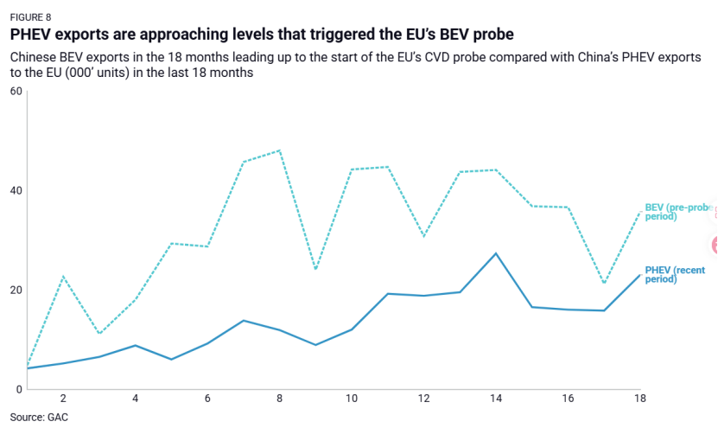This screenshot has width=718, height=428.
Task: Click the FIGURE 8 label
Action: point(31,16)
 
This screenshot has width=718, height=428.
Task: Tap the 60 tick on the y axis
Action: point(15,92)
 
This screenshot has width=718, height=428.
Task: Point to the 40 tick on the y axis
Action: point(15,191)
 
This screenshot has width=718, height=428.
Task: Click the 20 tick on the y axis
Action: point(15,291)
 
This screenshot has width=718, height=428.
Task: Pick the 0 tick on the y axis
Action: point(18,390)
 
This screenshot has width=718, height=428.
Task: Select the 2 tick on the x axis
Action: point(64,399)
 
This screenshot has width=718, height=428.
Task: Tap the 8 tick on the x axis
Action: point(280,399)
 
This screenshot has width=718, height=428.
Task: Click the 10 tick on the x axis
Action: point(352,399)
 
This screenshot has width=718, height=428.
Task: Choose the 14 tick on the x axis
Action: point(495,399)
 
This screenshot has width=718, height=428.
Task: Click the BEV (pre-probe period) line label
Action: point(677,212)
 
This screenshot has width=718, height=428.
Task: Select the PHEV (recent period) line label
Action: point(675,275)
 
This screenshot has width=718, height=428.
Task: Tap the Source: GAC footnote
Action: point(40,418)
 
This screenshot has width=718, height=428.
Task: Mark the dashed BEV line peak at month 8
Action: point(280,150)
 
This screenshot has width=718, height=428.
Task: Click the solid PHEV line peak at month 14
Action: point(495,253)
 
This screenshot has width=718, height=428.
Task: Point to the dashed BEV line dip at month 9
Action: point(315,269)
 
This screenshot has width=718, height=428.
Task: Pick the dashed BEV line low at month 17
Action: point(603,283)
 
